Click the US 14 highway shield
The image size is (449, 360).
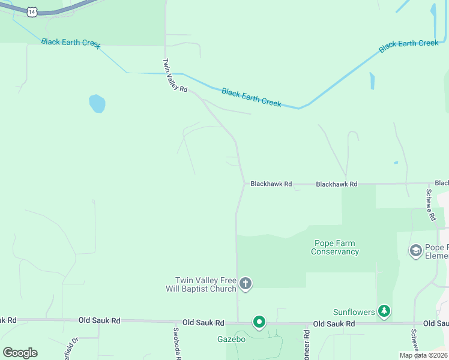[32, 11]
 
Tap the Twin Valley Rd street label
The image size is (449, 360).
[175, 75]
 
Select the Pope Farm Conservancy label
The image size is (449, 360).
[334, 247]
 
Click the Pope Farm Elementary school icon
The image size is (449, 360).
[415, 250]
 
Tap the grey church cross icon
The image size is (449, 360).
[245, 283]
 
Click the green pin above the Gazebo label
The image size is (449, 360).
[259, 323]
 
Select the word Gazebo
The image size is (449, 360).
[231, 339]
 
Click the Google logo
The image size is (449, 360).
[20, 352]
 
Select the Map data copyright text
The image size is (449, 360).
[423, 355]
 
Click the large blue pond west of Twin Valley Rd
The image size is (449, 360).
[97, 103]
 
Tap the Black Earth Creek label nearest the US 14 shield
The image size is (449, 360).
[70, 43]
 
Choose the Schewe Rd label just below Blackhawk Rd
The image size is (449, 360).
[430, 205]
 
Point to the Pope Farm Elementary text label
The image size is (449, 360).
[436, 251]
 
